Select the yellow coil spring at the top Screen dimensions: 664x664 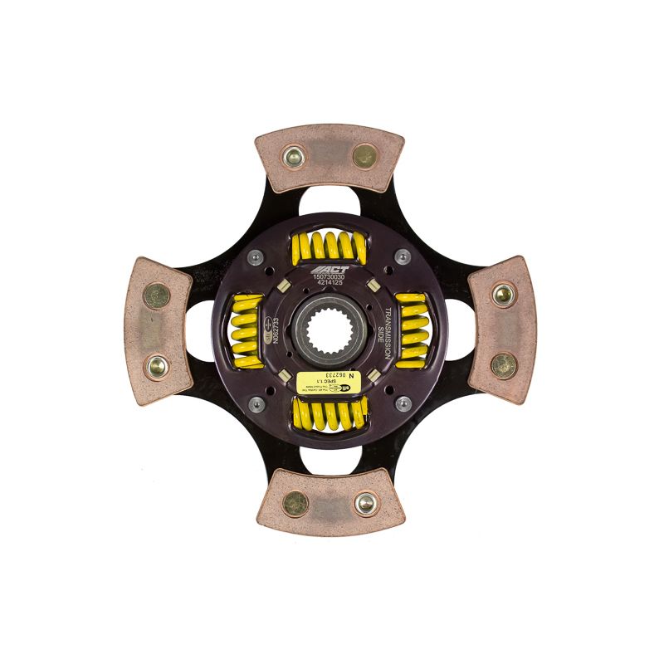[x=329, y=247]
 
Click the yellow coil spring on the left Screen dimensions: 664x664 [x=246, y=330]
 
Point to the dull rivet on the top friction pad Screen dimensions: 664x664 [x=364, y=155]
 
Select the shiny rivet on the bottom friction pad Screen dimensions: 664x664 [x=364, y=503]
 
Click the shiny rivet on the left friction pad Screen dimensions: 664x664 [x=155, y=366]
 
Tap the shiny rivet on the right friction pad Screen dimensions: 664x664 [x=503, y=293]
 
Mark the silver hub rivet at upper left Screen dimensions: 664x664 [x=259, y=258]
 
